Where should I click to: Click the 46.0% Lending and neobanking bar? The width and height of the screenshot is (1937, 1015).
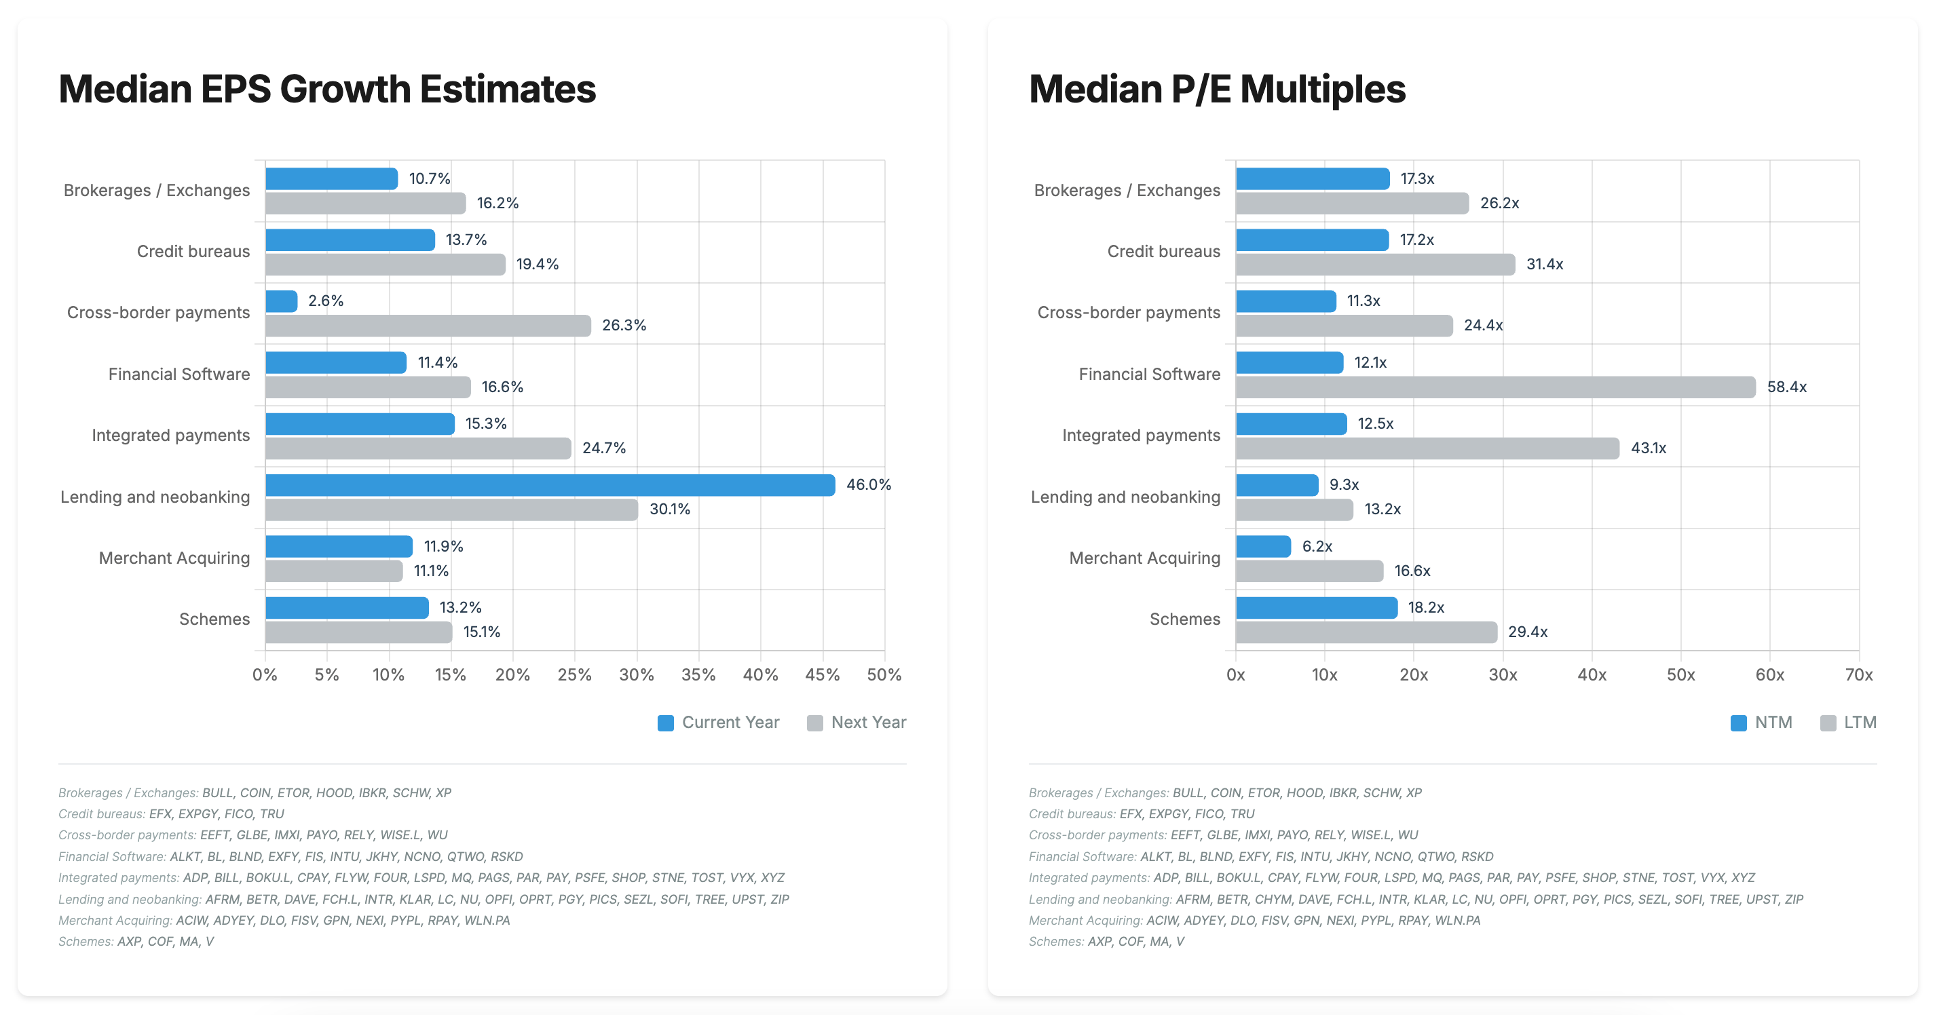pos(550,485)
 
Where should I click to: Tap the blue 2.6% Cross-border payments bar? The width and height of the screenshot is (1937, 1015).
pos(281,301)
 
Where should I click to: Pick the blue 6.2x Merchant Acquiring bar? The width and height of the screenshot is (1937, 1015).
pos(1263,547)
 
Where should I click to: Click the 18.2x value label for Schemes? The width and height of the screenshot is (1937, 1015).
pos(1426,607)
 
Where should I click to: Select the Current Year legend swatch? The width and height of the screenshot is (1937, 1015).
pos(666,723)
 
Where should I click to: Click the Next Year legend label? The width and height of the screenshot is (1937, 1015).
pos(869,723)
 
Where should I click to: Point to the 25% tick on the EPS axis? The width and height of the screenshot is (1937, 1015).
pos(574,675)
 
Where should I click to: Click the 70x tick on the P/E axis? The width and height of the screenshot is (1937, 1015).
pos(1859,675)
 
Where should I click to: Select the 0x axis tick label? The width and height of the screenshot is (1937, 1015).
pos(1235,675)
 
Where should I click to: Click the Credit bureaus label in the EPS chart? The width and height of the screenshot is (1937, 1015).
pos(193,252)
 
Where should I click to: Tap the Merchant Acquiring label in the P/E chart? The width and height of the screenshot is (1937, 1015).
pos(1144,558)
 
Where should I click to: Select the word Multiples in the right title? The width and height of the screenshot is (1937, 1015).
pos(1323,90)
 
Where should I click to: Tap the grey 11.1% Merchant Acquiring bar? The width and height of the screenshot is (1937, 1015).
pos(334,571)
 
